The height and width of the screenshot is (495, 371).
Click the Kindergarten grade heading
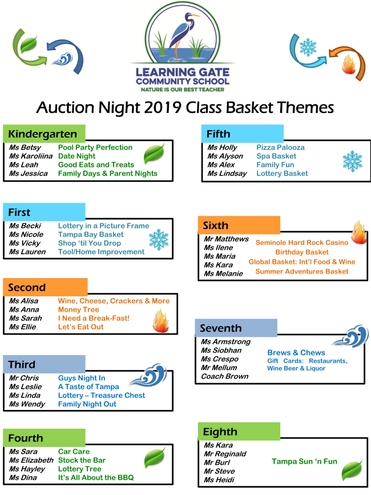coord(43,134)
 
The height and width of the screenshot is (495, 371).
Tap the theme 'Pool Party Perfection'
coord(95,147)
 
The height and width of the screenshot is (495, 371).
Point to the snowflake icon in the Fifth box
coord(352,161)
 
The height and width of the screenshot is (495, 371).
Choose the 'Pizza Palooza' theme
coord(280,147)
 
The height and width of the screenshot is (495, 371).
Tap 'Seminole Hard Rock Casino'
coord(301,243)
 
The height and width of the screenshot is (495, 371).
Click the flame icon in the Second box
coord(160,321)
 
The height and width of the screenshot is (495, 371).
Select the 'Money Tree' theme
coord(79,309)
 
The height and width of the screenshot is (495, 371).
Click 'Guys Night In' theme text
coord(82,378)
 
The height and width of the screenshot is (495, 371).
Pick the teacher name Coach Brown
coord(224,376)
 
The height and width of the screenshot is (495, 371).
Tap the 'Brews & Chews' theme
coord(296,353)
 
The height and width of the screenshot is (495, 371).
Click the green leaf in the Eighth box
coord(352,469)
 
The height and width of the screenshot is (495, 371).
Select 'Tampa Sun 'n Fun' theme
coord(304,461)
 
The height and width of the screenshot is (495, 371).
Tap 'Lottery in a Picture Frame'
coord(103,226)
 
